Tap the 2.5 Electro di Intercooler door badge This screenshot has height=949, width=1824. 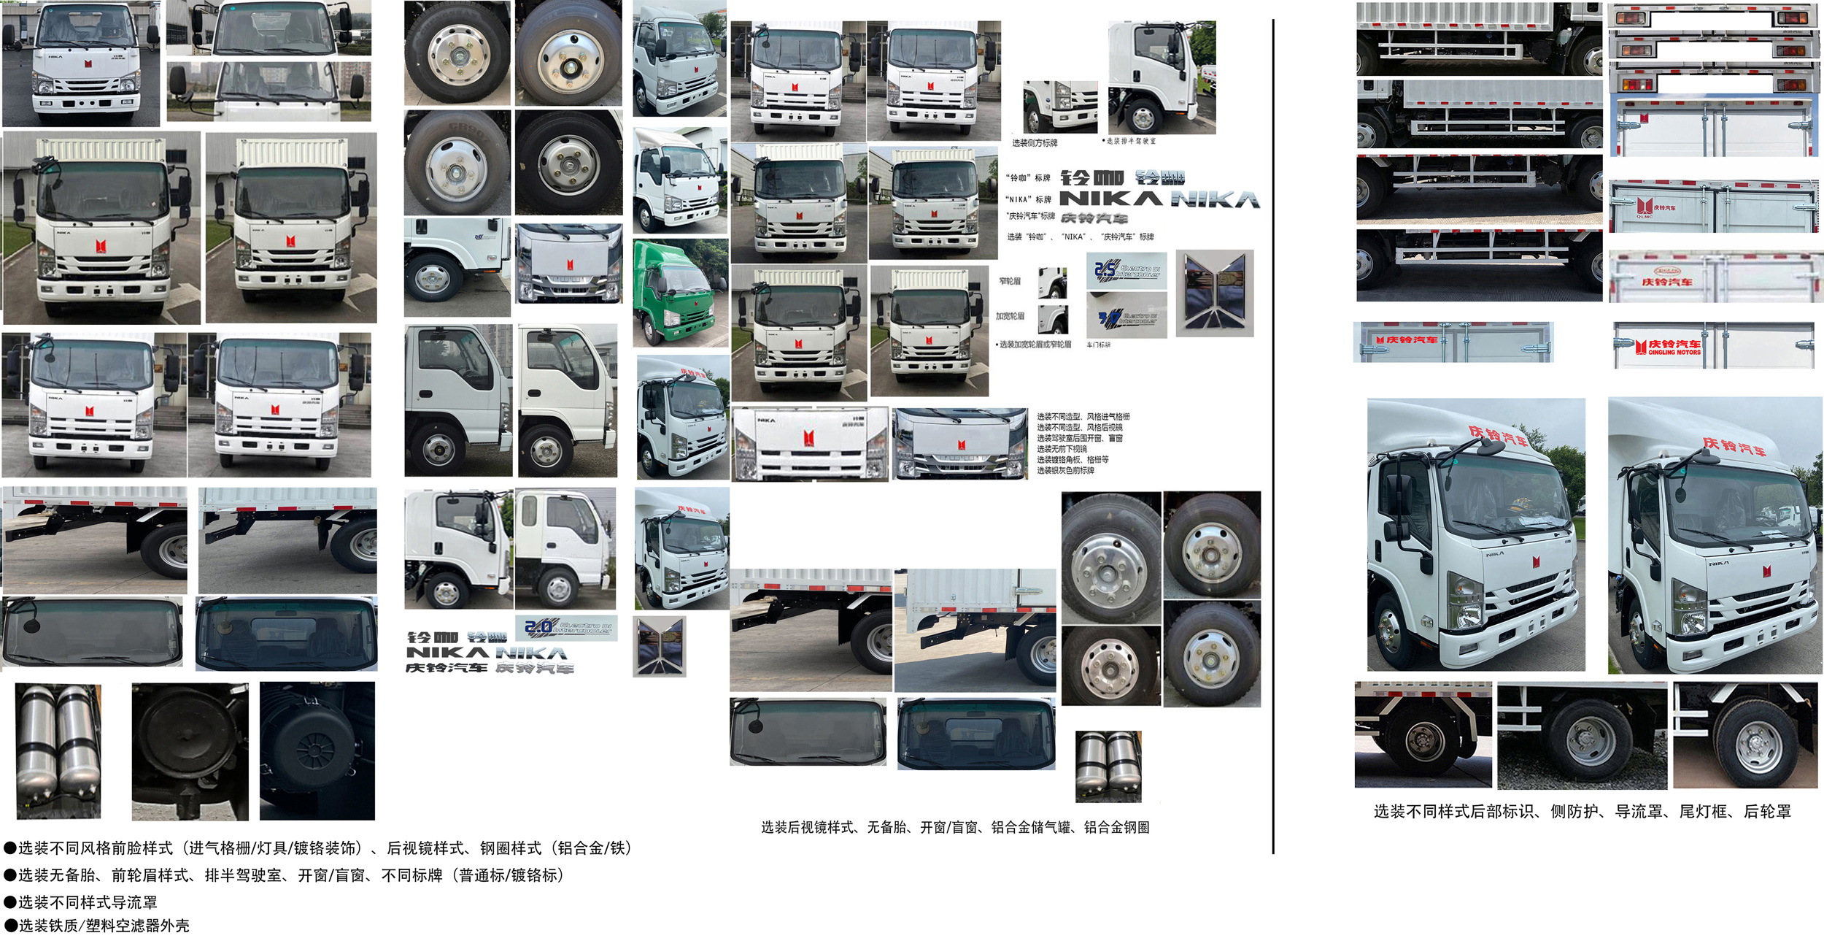(1127, 271)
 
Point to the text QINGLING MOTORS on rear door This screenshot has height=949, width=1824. (1674, 353)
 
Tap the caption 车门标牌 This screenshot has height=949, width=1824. (1099, 345)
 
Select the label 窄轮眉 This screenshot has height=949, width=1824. (1010, 281)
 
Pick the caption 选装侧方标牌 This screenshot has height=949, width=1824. (1035, 143)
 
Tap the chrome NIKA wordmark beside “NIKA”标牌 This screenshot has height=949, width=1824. (1216, 199)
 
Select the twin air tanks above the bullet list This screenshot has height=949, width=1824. (58, 750)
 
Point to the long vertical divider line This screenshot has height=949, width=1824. (1273, 438)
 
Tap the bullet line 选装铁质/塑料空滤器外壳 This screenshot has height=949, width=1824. (102, 926)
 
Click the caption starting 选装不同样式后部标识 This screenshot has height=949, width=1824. (1582, 812)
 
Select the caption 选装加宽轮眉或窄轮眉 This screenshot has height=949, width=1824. (1035, 345)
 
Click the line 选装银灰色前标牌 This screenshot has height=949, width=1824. (1065, 471)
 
